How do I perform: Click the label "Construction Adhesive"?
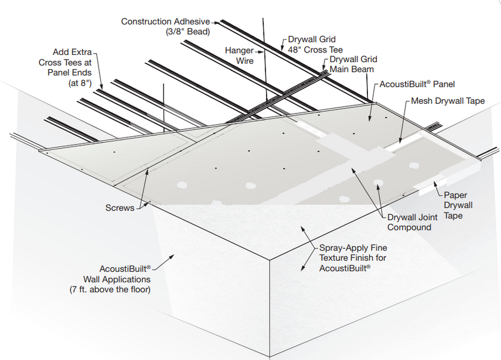point(165,21)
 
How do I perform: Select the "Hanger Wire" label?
point(239,56)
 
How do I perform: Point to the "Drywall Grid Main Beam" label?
point(353,64)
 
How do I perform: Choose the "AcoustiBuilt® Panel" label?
point(417,85)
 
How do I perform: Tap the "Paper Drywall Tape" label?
point(458,205)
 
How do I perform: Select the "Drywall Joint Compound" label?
point(412,222)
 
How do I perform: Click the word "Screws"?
point(120,208)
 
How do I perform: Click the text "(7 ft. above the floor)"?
point(110,290)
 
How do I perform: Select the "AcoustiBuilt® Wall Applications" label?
point(120,274)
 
